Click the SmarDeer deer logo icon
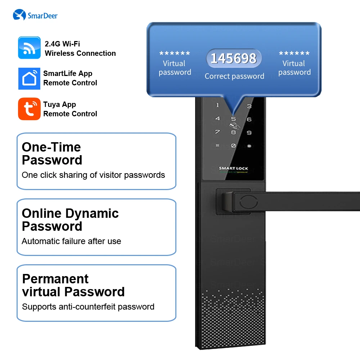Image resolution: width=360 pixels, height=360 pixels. click(x=19, y=15)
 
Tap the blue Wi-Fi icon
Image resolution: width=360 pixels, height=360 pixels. click(x=30, y=48)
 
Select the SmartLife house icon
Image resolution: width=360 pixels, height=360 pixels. click(x=30, y=78)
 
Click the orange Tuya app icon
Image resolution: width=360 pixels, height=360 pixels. click(x=30, y=109)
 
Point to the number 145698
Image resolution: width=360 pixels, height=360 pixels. click(x=234, y=58)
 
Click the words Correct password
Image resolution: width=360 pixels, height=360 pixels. click(x=234, y=76)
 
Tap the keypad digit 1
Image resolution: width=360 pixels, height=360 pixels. click(x=218, y=105)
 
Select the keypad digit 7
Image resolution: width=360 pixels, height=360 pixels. click(x=217, y=132)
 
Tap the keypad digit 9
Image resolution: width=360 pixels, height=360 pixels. click(x=249, y=133)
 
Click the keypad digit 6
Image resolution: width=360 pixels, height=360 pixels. click(x=249, y=120)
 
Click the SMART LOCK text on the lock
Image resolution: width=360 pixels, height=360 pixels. click(x=233, y=168)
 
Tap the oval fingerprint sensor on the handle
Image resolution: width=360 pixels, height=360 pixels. click(x=249, y=202)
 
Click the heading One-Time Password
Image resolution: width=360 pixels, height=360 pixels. click(x=52, y=153)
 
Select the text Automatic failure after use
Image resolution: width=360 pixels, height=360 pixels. click(x=71, y=241)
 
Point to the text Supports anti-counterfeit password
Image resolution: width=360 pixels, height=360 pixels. click(x=88, y=307)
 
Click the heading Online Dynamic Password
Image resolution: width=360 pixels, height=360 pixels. click(x=70, y=220)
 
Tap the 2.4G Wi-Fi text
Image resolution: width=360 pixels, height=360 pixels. click(x=62, y=44)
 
